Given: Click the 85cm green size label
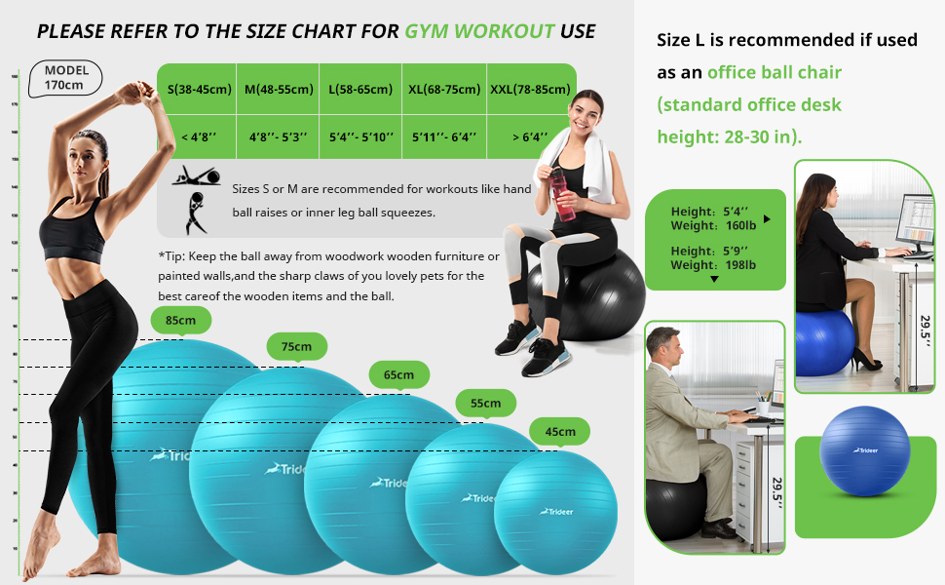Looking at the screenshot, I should click(x=180, y=321).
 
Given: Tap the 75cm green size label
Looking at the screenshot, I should click(x=297, y=347).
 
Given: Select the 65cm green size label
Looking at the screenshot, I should click(x=397, y=375).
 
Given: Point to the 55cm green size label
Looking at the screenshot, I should click(x=485, y=403).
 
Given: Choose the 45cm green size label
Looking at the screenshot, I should click(x=560, y=431).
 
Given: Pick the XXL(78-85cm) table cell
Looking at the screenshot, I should click(x=530, y=90).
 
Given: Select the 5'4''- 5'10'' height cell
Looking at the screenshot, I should click(x=360, y=137).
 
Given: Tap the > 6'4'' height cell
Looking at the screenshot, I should click(x=530, y=137).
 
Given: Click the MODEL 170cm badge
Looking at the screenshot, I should click(x=65, y=77).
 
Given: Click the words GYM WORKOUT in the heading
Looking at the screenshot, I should click(x=479, y=31).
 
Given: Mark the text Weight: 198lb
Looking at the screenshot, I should click(x=714, y=264).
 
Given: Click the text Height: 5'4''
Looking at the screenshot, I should click(x=709, y=212).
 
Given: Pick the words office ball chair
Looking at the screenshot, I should click(x=775, y=72).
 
